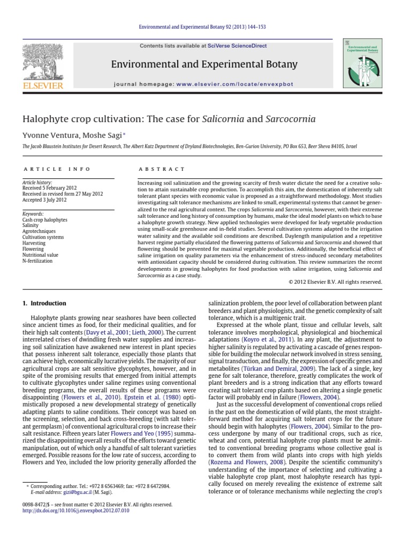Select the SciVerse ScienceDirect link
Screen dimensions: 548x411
pos(238,46)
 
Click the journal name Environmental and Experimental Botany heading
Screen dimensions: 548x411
pos(203,65)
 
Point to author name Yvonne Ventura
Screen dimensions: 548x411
pos(45,134)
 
